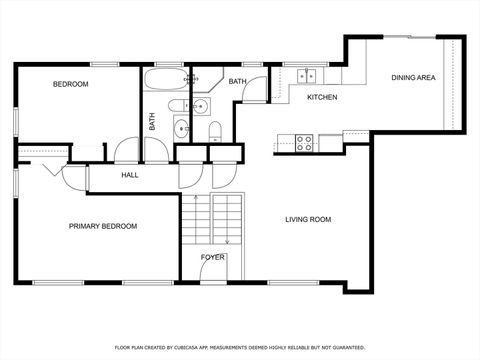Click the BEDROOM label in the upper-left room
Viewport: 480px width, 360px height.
(70, 85)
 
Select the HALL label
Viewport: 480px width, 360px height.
(130, 175)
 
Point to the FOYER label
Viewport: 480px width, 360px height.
(212, 257)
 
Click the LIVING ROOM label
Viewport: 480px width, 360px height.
(308, 220)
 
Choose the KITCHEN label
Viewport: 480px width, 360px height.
(321, 97)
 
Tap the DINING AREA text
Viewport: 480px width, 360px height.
(412, 77)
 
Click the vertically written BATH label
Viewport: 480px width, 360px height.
(153, 122)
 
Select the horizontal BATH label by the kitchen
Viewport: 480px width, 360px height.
(237, 81)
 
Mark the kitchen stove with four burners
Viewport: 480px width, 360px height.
(304, 142)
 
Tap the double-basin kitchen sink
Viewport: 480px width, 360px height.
(306, 74)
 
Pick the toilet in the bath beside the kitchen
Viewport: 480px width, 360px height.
(215, 130)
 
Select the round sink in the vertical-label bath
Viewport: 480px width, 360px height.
(181, 127)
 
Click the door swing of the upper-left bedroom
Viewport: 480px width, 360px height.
(126, 151)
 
